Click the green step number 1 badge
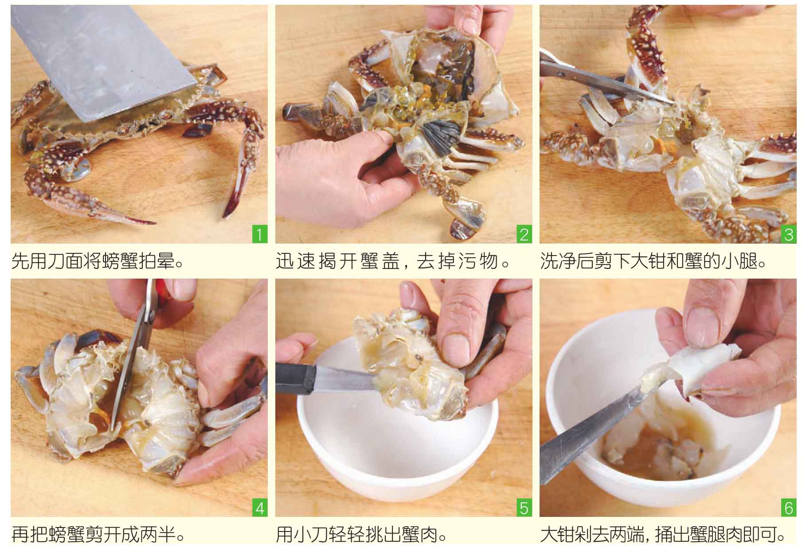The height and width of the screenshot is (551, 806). [x=260, y=233]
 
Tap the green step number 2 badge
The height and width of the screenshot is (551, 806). [x=524, y=233]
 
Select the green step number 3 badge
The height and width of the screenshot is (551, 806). [x=788, y=233]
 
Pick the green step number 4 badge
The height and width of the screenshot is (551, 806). [x=260, y=507]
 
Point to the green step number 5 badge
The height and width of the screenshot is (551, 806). [x=524, y=507]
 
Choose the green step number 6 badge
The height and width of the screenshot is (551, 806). [x=788, y=507]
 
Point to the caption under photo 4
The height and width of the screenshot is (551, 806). [x=98, y=535]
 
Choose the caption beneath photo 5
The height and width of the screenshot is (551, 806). [x=361, y=535]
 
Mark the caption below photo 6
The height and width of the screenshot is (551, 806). [x=663, y=535]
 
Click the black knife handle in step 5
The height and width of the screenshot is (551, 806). [x=295, y=379]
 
